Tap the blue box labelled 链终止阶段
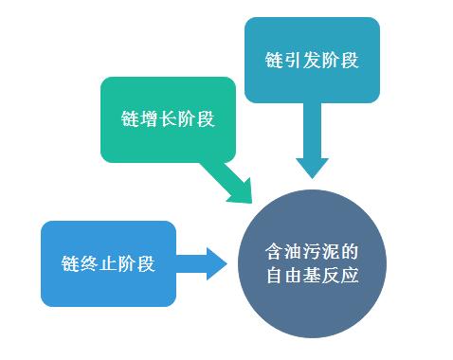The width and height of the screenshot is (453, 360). (x=107, y=263)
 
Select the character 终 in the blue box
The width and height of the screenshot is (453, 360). (x=90, y=263)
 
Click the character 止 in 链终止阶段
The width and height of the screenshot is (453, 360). (x=107, y=263)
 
